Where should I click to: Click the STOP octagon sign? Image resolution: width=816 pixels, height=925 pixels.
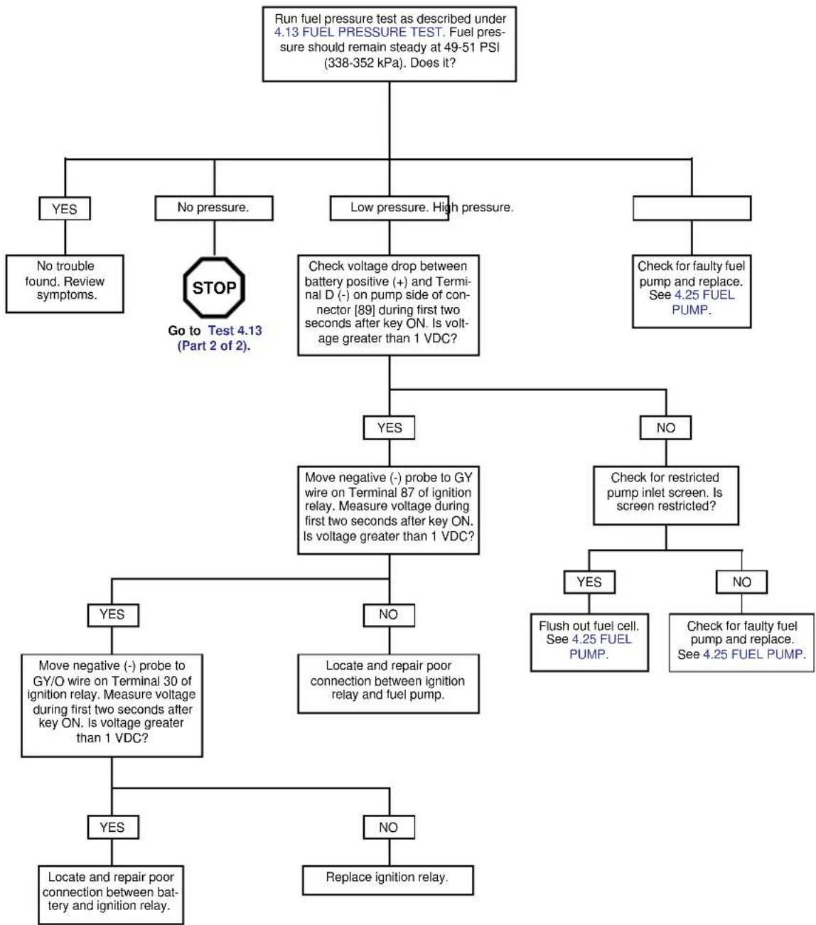click(214, 287)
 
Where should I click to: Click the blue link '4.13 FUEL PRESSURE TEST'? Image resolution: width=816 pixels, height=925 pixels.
click(358, 33)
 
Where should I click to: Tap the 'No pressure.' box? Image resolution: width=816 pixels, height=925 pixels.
click(214, 208)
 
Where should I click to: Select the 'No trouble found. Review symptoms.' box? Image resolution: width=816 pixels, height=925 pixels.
click(65, 284)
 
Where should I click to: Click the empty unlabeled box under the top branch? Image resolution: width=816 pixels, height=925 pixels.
click(692, 208)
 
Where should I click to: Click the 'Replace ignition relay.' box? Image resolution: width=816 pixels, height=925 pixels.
click(388, 879)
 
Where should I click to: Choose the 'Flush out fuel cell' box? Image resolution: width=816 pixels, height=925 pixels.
click(589, 642)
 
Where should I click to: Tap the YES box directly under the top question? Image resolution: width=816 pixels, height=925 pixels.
click(65, 208)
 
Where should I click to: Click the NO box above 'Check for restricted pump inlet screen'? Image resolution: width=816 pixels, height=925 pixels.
click(665, 427)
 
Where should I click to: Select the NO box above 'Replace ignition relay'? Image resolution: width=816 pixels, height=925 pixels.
click(389, 827)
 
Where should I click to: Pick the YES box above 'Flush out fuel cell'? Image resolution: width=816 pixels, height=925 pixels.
click(589, 582)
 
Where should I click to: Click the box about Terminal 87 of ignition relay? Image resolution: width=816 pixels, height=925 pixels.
click(388, 510)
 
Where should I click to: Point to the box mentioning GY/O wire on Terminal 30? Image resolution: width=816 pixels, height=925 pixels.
click(112, 705)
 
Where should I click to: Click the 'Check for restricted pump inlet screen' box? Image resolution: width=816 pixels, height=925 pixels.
click(666, 496)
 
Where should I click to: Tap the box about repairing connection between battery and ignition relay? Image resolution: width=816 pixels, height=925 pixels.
click(111, 895)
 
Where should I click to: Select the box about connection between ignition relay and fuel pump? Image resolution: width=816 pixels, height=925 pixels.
click(388, 683)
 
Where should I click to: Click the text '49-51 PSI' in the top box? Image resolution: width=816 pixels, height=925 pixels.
click(471, 48)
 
